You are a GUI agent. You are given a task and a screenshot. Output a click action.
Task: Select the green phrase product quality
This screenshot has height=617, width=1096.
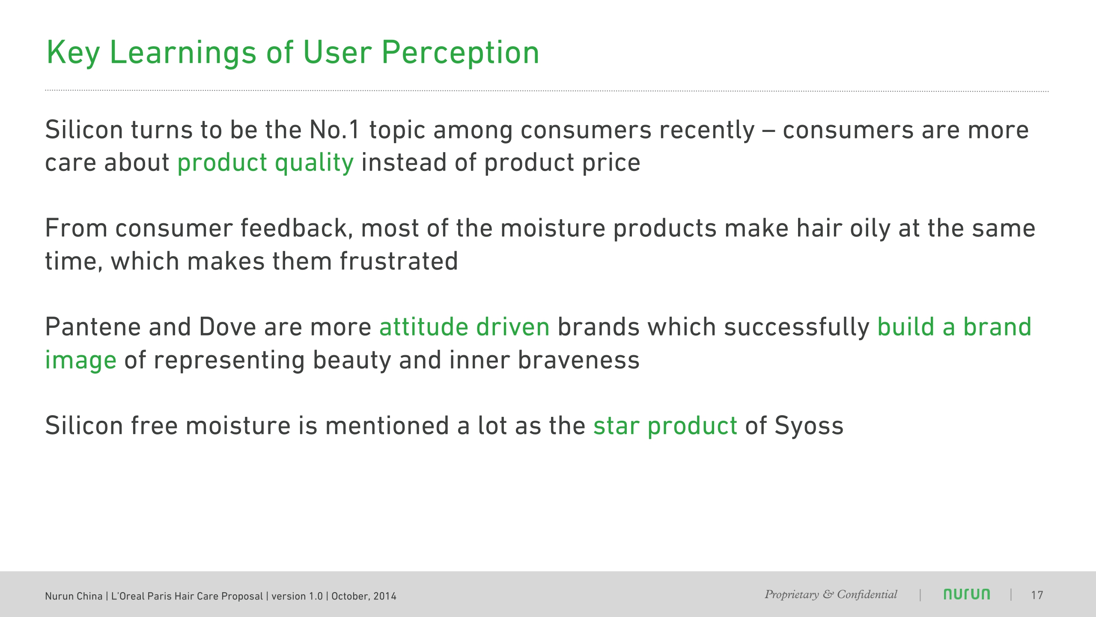coord(265,163)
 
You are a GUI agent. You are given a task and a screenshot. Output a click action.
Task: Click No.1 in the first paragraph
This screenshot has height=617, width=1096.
coord(335,130)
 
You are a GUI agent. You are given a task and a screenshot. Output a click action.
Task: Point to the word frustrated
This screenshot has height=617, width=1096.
coord(399,261)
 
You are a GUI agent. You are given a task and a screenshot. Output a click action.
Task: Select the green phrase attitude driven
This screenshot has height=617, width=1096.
coord(465,327)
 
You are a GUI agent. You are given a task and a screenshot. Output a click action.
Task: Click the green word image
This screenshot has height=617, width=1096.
coord(80,360)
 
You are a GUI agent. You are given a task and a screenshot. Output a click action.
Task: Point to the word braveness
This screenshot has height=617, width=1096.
coord(579,360)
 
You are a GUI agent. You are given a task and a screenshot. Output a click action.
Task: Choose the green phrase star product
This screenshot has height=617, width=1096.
coord(665,426)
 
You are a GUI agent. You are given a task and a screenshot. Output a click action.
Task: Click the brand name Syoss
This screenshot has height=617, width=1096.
coord(809,426)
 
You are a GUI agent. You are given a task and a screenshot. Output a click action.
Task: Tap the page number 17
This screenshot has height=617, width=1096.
coord(1037,595)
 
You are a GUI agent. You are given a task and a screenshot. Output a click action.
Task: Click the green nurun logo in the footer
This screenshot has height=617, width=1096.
coord(967,594)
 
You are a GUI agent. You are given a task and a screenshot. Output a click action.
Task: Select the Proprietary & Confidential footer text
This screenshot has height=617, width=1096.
coord(831,595)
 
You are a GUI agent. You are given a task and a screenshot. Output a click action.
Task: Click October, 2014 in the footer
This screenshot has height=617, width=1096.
coord(364,596)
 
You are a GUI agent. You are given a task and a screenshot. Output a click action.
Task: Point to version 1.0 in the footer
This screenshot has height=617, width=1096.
coord(297,596)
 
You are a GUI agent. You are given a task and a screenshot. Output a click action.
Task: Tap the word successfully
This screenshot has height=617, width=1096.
coord(797,327)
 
